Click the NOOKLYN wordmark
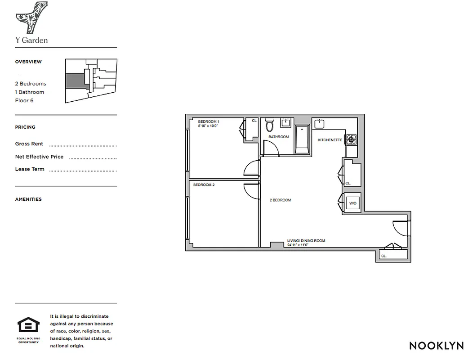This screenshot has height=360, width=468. click(x=436, y=346)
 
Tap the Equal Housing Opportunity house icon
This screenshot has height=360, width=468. click(x=28, y=325)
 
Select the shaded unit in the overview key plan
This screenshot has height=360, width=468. click(x=75, y=81)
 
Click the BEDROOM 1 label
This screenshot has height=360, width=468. click(x=209, y=121)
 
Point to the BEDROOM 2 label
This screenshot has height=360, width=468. click(x=204, y=185)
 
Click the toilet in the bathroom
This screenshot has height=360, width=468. click(x=270, y=124)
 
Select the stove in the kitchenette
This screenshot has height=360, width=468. click(x=351, y=139)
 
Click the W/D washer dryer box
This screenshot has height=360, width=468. click(x=352, y=203)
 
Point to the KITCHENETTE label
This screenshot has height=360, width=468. click(x=330, y=140)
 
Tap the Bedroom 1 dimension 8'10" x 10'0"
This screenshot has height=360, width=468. click(x=208, y=126)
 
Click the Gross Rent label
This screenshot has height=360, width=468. click(x=29, y=144)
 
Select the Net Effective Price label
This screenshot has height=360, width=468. click(x=39, y=157)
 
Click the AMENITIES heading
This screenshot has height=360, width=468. click(x=28, y=199)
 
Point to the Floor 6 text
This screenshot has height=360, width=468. click(x=24, y=100)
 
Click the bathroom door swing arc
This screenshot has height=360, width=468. click(x=269, y=148)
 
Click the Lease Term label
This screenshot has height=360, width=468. click(x=30, y=169)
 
